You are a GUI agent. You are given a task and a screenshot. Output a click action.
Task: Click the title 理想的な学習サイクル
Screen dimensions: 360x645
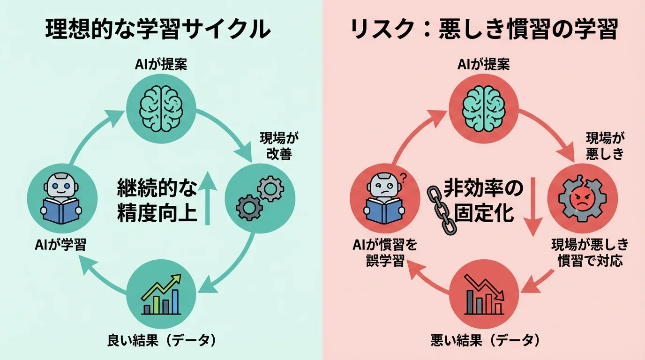point(158,30)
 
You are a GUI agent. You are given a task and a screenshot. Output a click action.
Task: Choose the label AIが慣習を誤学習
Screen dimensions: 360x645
point(385,252)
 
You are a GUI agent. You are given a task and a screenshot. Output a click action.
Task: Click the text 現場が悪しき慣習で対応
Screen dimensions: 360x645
point(589,252)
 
